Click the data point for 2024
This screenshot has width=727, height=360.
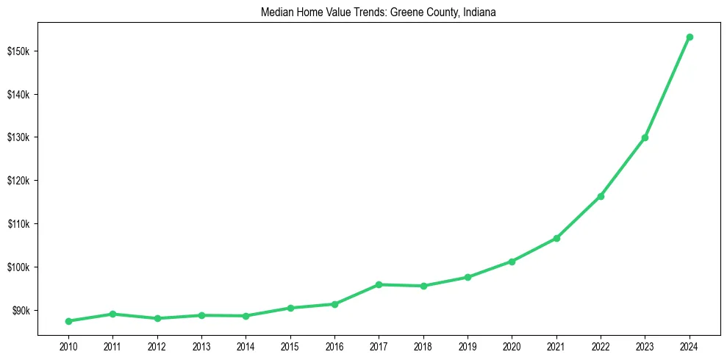tap(690, 37)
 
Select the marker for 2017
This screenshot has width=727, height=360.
tap(379, 284)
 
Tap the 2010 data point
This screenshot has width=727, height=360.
tap(68, 321)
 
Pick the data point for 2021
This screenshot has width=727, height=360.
tap(556, 238)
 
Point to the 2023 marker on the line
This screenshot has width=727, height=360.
tap(645, 137)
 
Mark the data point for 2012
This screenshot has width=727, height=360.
tap(157, 318)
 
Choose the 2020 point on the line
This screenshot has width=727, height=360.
tap(512, 261)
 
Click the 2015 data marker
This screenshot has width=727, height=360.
tap(290, 308)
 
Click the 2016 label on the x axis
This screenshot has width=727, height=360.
tap(334, 346)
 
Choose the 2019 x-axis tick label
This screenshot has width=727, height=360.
tap(468, 346)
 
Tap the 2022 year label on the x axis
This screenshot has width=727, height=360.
tap(601, 346)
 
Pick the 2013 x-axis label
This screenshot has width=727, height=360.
tap(201, 346)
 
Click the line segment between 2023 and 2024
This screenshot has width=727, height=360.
tap(667, 87)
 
